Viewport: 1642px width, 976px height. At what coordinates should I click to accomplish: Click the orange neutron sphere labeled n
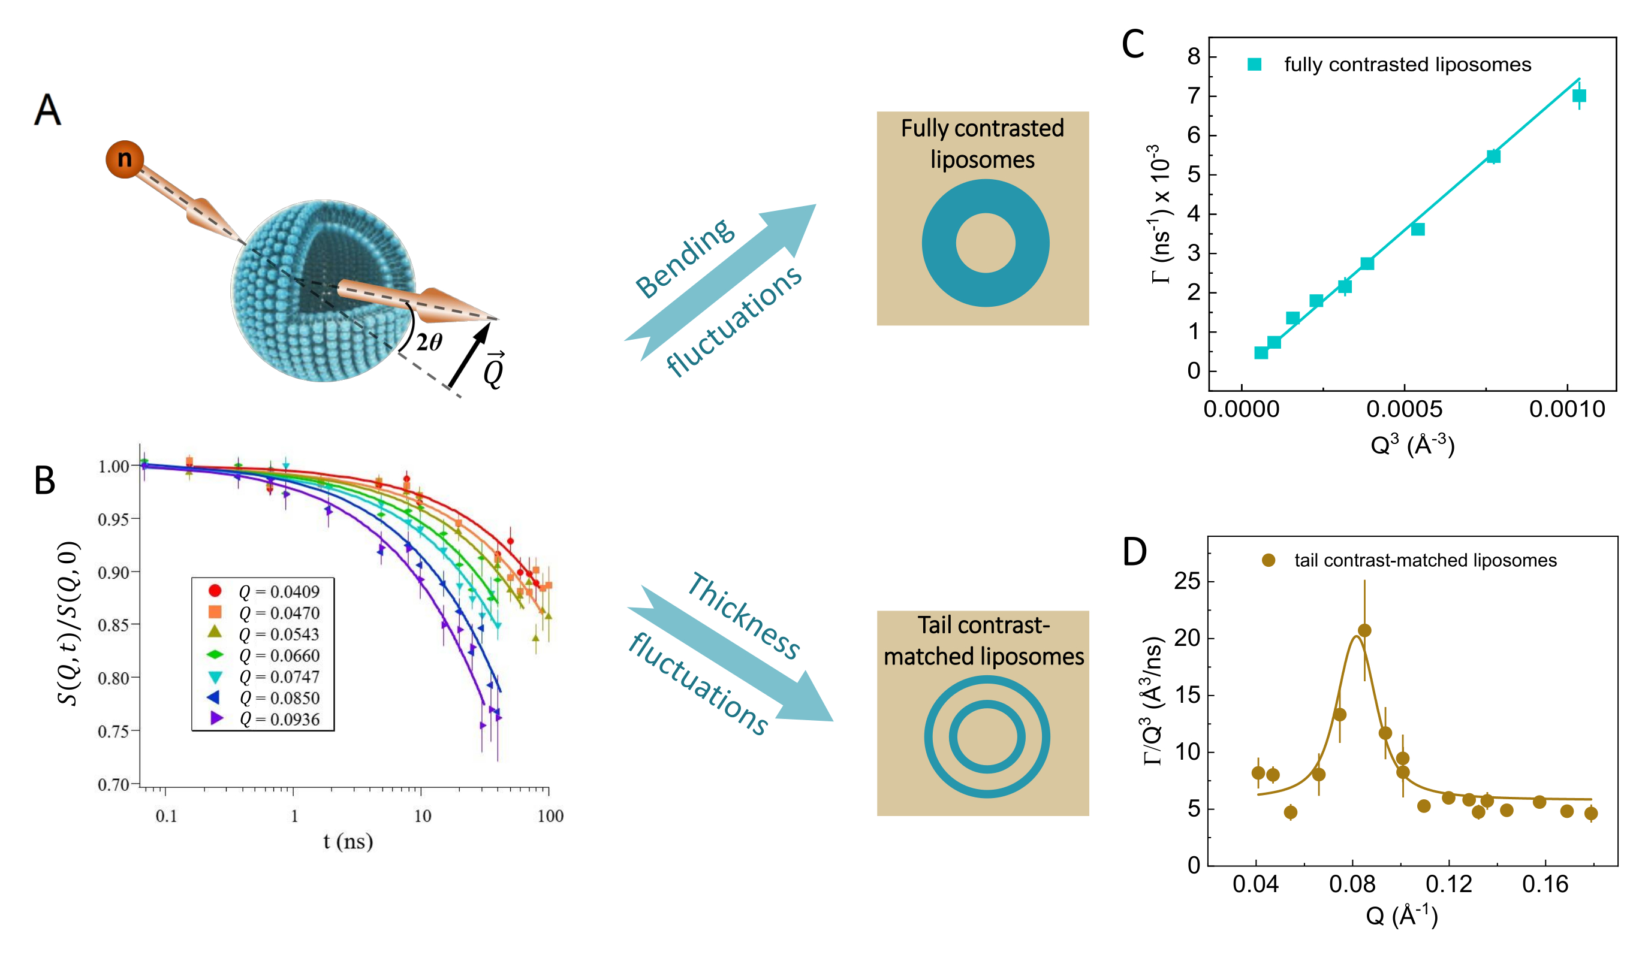point(124,159)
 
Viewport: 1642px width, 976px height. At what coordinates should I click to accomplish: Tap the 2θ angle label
point(429,342)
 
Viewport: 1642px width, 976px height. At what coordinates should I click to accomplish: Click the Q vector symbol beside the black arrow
point(493,370)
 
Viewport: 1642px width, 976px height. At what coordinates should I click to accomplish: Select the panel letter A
point(47,109)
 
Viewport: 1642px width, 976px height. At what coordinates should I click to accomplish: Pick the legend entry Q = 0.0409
point(279,591)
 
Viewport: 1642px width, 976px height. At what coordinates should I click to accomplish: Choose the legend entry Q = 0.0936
point(279,719)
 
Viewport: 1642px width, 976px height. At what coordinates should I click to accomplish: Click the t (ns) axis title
point(348,841)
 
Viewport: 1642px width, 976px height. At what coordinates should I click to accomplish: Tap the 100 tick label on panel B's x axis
point(550,816)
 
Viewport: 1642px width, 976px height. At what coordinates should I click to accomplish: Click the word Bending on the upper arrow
point(684,257)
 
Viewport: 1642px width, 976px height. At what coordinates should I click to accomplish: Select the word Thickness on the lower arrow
point(743,615)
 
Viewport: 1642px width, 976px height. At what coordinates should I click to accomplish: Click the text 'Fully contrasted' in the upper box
point(981,128)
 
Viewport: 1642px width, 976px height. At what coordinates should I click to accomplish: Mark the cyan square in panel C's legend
point(1254,65)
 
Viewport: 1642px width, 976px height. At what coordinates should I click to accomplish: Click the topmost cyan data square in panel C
point(1579,96)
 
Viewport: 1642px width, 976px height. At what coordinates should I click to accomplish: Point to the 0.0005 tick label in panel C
point(1404,409)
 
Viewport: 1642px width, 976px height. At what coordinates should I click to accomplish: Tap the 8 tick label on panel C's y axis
point(1194,56)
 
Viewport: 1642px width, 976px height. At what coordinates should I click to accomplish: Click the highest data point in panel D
point(1364,630)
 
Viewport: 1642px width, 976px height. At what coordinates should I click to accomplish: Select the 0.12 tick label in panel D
point(1448,884)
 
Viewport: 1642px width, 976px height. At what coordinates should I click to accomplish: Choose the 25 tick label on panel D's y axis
point(1187,581)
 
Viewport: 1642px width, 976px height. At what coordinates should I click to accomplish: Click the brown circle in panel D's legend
point(1269,560)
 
